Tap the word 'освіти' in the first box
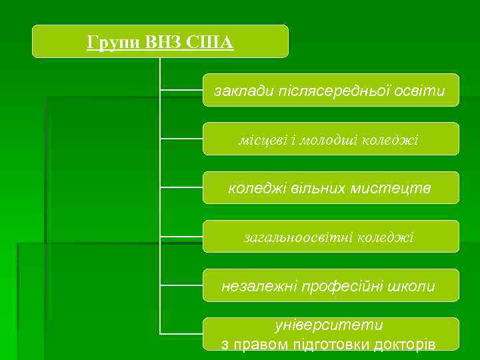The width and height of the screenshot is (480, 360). click(x=418, y=91)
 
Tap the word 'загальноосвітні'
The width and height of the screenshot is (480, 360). click(x=299, y=237)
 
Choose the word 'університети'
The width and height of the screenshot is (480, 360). click(x=329, y=325)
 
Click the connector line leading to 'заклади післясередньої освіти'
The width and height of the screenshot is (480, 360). click(x=181, y=90)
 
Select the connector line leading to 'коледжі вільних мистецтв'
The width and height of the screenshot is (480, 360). click(x=181, y=187)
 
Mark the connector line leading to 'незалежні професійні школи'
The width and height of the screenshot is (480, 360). click(x=181, y=285)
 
